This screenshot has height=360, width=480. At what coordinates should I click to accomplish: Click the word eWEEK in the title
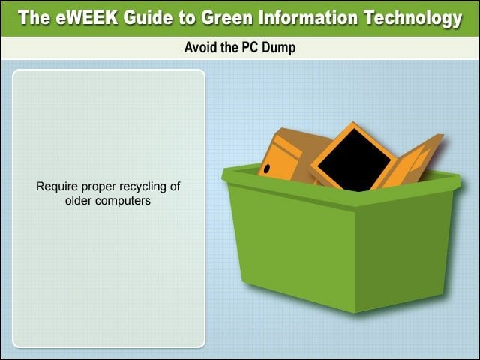coord(87,17)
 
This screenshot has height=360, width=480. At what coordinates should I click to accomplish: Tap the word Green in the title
coord(226,17)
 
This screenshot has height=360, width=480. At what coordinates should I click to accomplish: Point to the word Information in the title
coord(308,17)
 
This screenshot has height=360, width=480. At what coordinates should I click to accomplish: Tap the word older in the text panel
coord(78,200)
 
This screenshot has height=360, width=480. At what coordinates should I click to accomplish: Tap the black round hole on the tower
coord(267,169)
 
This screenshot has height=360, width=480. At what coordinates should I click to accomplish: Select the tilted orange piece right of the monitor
coord(412,161)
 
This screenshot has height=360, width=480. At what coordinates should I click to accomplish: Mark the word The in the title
coord(34,17)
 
